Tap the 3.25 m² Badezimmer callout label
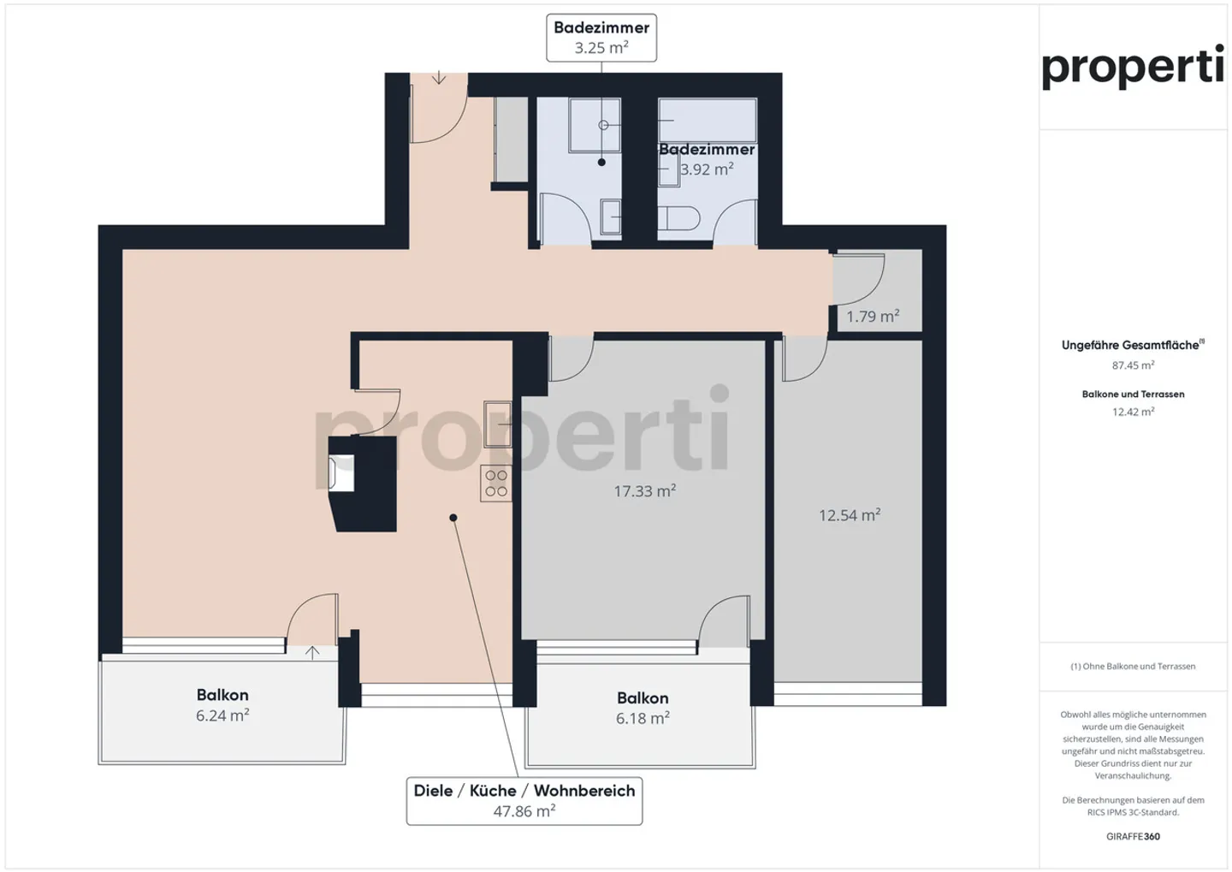point(601,38)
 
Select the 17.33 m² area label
point(644,490)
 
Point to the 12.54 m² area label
point(850,514)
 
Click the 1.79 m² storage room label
point(873,316)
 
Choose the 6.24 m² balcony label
point(222,715)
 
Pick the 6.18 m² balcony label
point(643,718)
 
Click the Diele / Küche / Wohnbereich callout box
point(524,800)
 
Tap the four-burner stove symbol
point(495,483)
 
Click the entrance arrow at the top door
point(438,77)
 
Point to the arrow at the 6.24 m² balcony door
point(311,652)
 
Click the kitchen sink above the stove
point(497,424)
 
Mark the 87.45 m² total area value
point(1133,365)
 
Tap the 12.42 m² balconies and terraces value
point(1133,412)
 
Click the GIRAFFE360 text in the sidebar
point(1133,836)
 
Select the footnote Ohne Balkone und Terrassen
point(1133,667)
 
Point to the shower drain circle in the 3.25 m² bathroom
point(603,125)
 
